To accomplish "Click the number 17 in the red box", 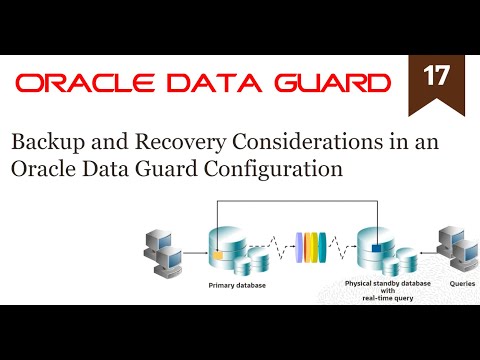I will click(435, 77).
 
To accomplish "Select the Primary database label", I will click(235, 283).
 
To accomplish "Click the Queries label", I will click(449, 283).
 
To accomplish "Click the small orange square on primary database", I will click(216, 254).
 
